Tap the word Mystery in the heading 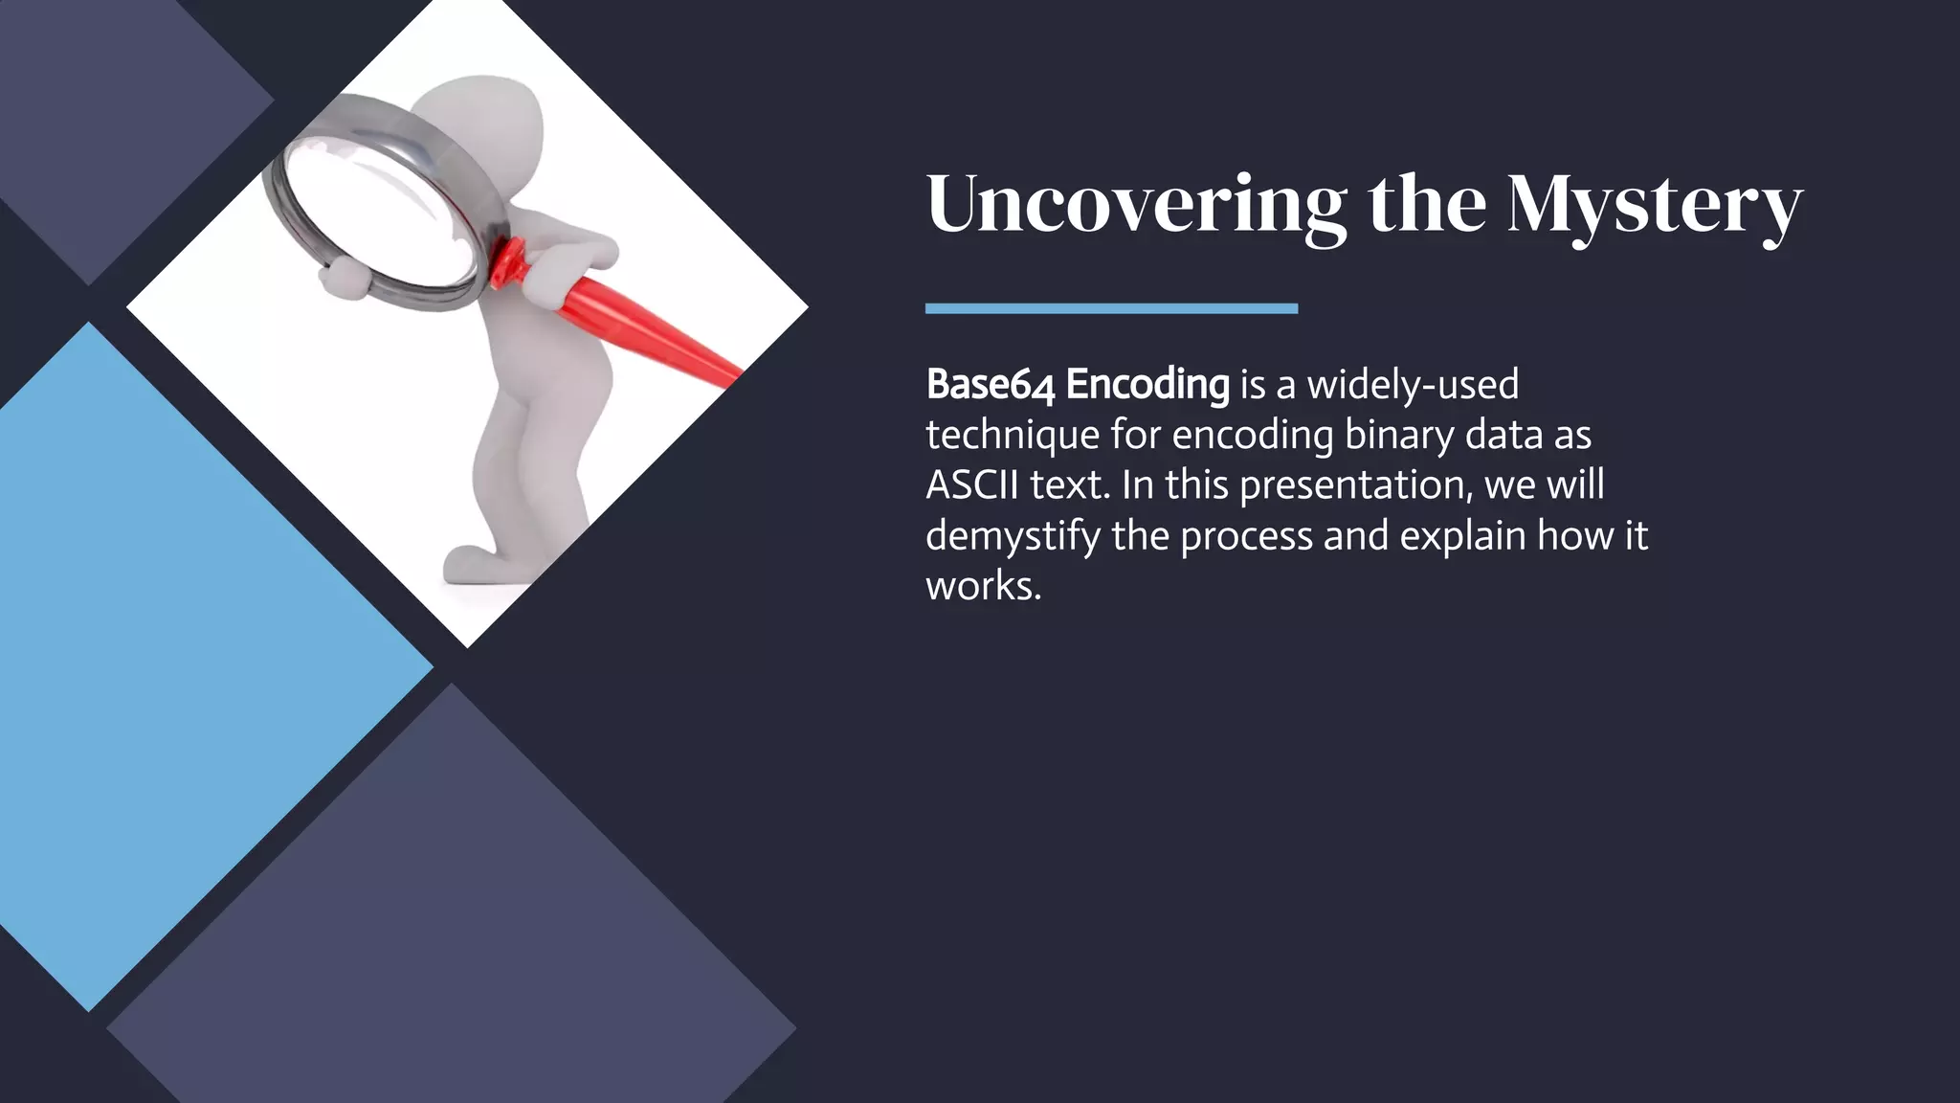(1655, 205)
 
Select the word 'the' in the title (1428, 203)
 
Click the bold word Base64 (991, 385)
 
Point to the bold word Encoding (1147, 386)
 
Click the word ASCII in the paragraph (971, 485)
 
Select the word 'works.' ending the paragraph (983, 586)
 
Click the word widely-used (1413, 385)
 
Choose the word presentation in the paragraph (1354, 485)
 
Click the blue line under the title (1111, 308)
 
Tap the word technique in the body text (1013, 436)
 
